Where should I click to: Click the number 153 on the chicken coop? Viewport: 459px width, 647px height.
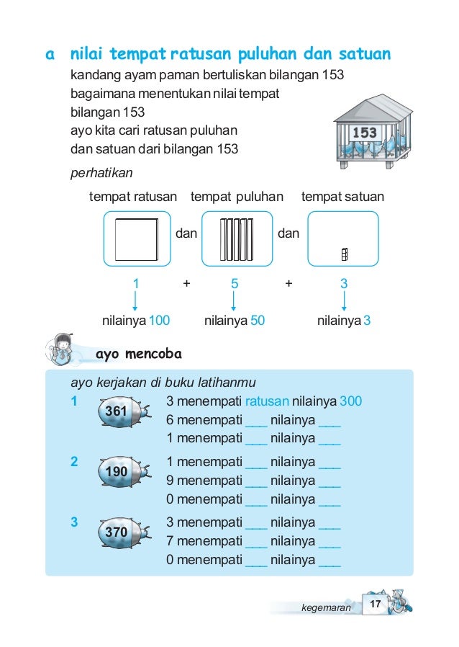click(x=365, y=133)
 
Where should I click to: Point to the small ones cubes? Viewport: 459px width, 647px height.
click(x=345, y=254)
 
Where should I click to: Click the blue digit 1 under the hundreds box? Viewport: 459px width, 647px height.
click(x=135, y=284)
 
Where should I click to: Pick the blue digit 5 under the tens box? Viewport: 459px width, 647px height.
click(x=235, y=284)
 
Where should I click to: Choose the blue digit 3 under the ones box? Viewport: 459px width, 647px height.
click(x=344, y=284)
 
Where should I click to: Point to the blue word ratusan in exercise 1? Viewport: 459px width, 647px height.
click(x=267, y=401)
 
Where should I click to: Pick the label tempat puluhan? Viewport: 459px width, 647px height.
click(x=237, y=197)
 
